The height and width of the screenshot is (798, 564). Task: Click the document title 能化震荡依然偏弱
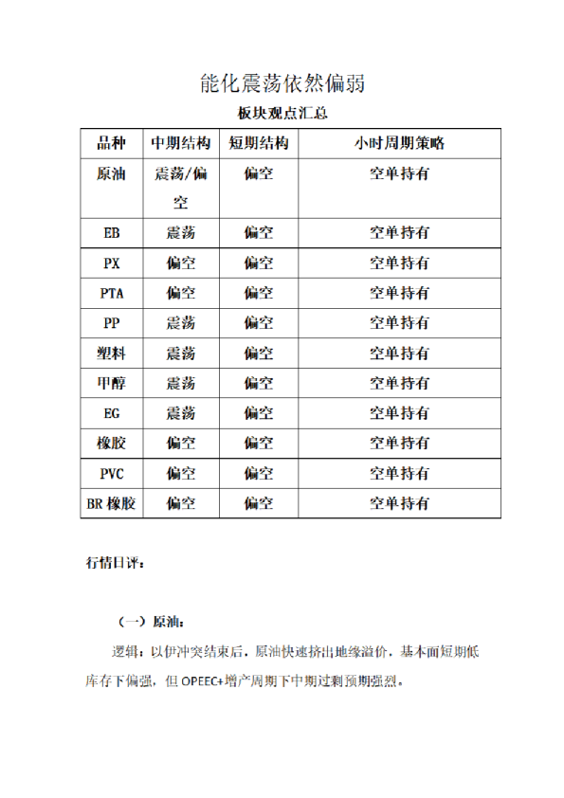point(282,83)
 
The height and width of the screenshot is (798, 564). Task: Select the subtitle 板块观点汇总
point(281,114)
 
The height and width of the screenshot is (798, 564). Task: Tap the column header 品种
point(111,144)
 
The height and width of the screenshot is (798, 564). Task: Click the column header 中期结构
point(180,144)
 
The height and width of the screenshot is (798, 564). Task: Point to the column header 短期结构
point(258,144)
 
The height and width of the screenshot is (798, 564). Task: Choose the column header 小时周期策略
point(398,144)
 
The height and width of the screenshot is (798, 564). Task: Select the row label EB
point(111,232)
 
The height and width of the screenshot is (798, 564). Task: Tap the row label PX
point(111,263)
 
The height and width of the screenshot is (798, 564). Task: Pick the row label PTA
point(111,293)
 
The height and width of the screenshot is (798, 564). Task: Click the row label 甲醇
point(111,383)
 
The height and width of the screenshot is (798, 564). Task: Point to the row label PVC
point(111,473)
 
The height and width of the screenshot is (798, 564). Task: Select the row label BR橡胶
point(111,503)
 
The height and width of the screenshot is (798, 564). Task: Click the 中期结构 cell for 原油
point(180,187)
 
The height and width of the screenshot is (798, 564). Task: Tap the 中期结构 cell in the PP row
point(180,322)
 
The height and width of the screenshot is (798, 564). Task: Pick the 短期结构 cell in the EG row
point(258,413)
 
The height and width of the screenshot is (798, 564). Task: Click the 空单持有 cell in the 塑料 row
point(398,353)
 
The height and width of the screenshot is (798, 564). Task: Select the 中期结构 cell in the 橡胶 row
point(180,443)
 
